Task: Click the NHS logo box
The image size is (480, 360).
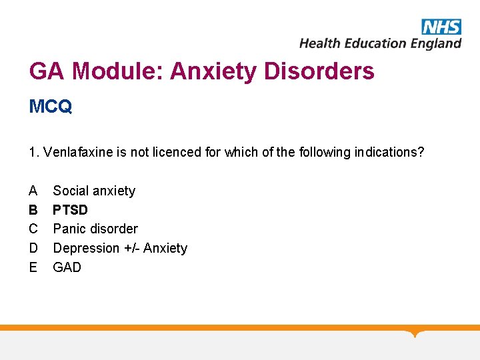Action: (441, 27)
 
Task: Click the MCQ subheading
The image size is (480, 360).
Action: (51, 107)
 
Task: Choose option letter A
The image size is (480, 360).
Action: (33, 191)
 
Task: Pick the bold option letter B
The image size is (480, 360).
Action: (33, 210)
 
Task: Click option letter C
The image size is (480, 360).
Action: (33, 229)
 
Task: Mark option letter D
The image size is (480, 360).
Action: (33, 248)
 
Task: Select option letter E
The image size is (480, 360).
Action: (33, 267)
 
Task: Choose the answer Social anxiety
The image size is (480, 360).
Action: (94, 191)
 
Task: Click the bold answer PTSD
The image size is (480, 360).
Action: (70, 210)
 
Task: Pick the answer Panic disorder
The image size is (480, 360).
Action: (95, 229)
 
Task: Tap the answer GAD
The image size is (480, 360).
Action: (67, 267)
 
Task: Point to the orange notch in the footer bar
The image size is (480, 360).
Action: (415, 333)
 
